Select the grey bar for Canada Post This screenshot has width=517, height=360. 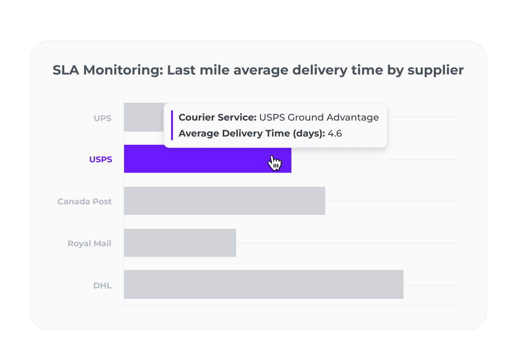click(224, 201)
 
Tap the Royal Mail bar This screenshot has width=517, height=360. click(180, 243)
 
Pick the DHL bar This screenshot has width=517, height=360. click(263, 284)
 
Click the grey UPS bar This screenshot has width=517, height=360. click(143, 117)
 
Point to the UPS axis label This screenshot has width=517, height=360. click(102, 118)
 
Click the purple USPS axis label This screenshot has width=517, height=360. click(101, 159)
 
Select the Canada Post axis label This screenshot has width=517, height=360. click(85, 201)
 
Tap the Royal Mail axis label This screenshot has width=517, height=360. click(89, 243)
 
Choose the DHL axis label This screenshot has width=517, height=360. click(102, 285)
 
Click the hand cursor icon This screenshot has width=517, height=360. click(274, 163)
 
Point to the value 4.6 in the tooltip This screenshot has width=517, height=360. click(335, 133)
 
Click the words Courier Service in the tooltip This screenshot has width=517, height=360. click(217, 117)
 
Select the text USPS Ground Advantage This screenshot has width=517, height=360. click(319, 117)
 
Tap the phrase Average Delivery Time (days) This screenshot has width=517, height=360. click(251, 133)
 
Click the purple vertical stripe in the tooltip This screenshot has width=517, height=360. click(172, 125)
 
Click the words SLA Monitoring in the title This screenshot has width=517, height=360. click(107, 70)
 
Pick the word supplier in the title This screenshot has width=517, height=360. click(436, 70)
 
